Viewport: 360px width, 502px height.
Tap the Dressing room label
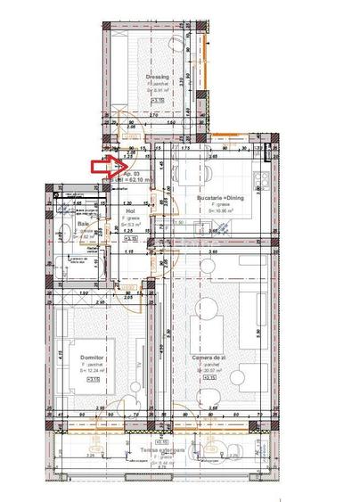point(157,78)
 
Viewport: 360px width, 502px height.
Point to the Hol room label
point(129,211)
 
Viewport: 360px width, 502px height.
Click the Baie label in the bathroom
point(70,224)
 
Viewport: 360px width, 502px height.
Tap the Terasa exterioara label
point(162,450)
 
